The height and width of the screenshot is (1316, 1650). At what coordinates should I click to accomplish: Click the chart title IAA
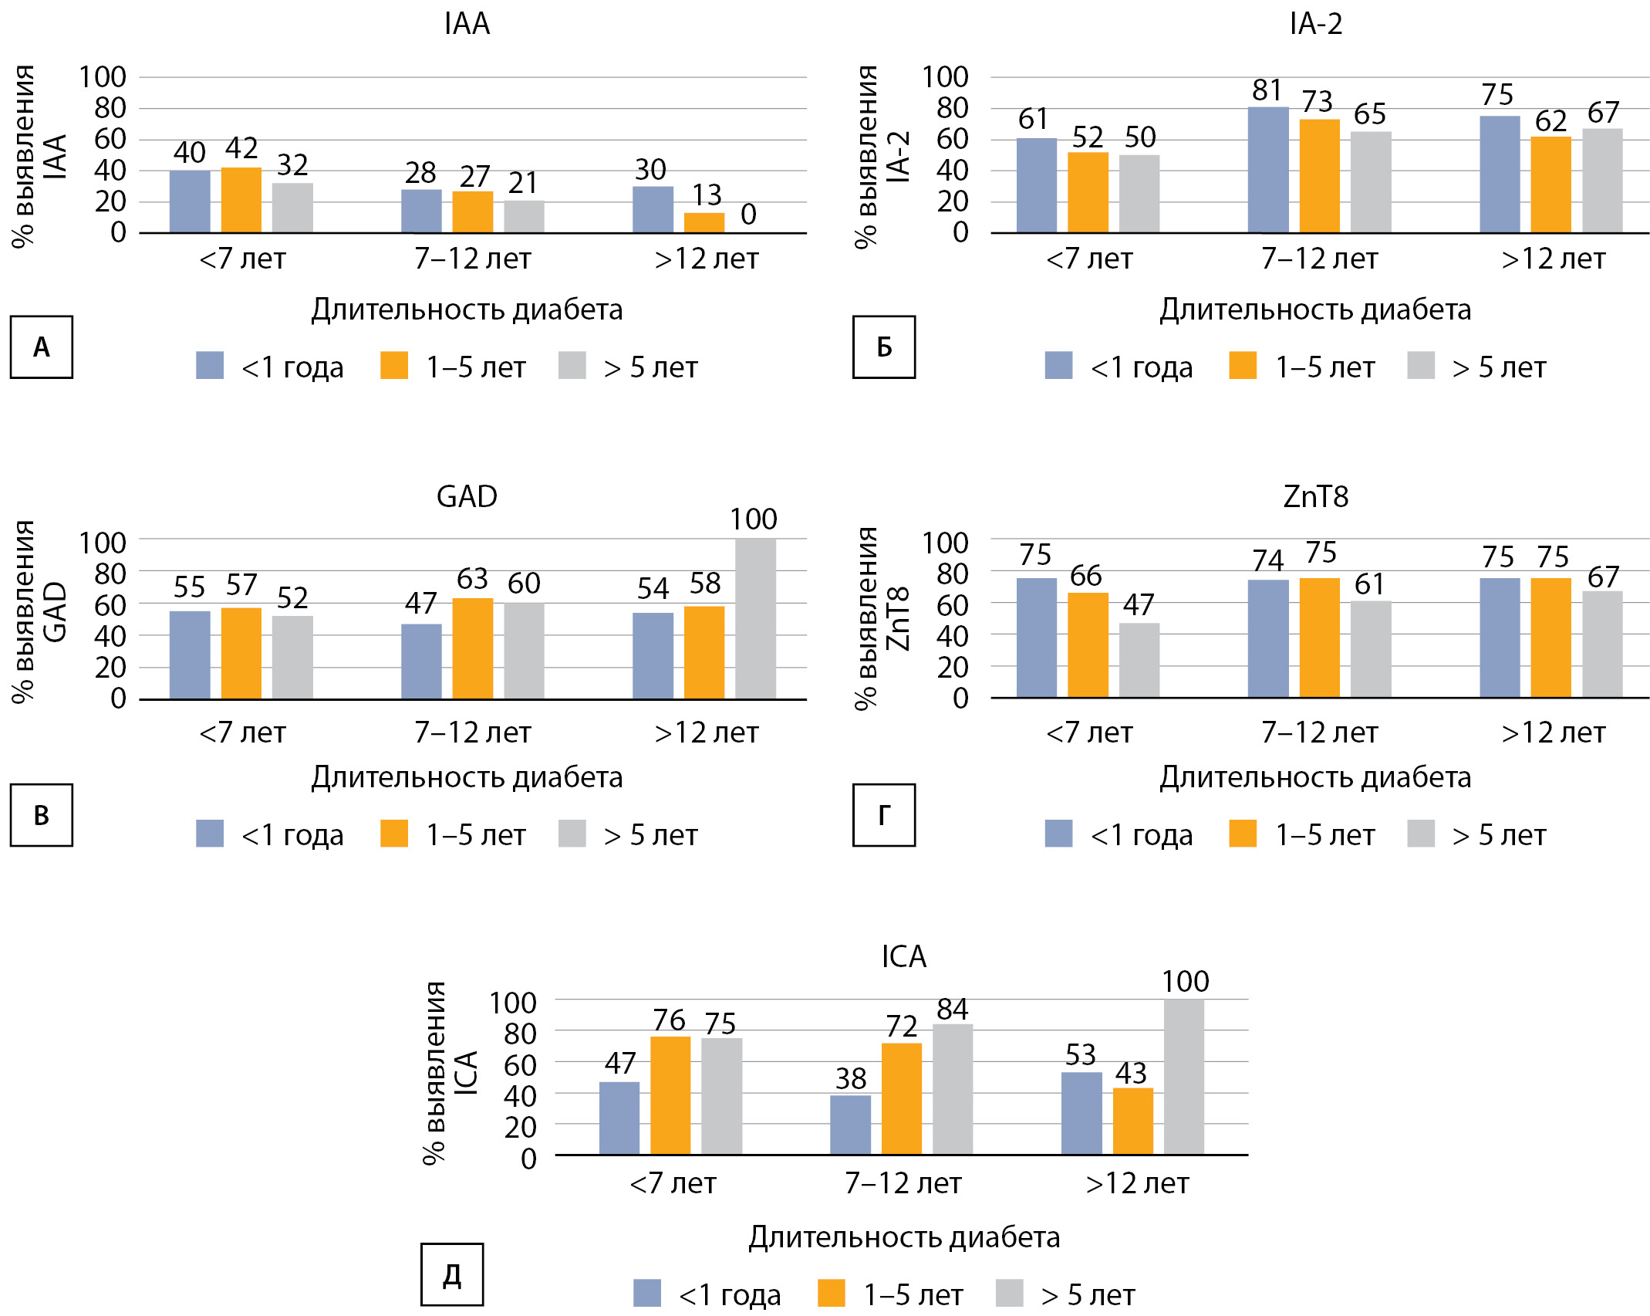pos(467,24)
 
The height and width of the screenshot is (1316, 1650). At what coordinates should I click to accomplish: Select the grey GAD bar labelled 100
pos(755,618)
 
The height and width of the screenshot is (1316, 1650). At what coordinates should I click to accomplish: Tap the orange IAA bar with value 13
pos(704,222)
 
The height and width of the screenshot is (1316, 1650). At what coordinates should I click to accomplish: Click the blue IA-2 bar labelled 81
pos(1268,170)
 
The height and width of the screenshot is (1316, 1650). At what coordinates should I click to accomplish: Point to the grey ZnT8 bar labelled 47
pos(1139,660)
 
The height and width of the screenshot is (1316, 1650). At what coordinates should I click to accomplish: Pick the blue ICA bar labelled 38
pos(850,1125)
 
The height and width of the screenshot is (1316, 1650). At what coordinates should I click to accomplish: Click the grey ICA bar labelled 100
pos(1184,1077)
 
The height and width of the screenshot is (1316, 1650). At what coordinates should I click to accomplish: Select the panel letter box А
pos(42,347)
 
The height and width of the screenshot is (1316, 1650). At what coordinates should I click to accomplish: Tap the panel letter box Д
pos(452,1274)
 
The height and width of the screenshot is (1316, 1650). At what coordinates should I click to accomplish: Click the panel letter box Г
pos(884,815)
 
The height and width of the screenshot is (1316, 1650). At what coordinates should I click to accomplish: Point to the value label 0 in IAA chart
pos(748,215)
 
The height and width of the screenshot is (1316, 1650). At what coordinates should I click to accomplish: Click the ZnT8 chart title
pos(1315,496)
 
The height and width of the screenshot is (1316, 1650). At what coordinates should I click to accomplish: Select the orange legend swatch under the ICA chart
pos(831,1293)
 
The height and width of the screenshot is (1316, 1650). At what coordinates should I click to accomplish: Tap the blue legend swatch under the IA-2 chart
pos(1058,365)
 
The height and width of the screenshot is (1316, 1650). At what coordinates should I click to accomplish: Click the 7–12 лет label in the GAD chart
pos(472,732)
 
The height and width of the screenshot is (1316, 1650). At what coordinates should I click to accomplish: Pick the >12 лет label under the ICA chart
pos(1137,1183)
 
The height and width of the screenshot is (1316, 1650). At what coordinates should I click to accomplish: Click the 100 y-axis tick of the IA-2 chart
pos(945,77)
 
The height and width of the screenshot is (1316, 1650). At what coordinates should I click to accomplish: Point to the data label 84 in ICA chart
pos(953,1010)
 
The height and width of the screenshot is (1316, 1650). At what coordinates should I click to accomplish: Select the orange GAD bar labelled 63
pos(472,648)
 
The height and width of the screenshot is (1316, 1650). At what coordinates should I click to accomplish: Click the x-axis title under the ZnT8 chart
pos(1315,777)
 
